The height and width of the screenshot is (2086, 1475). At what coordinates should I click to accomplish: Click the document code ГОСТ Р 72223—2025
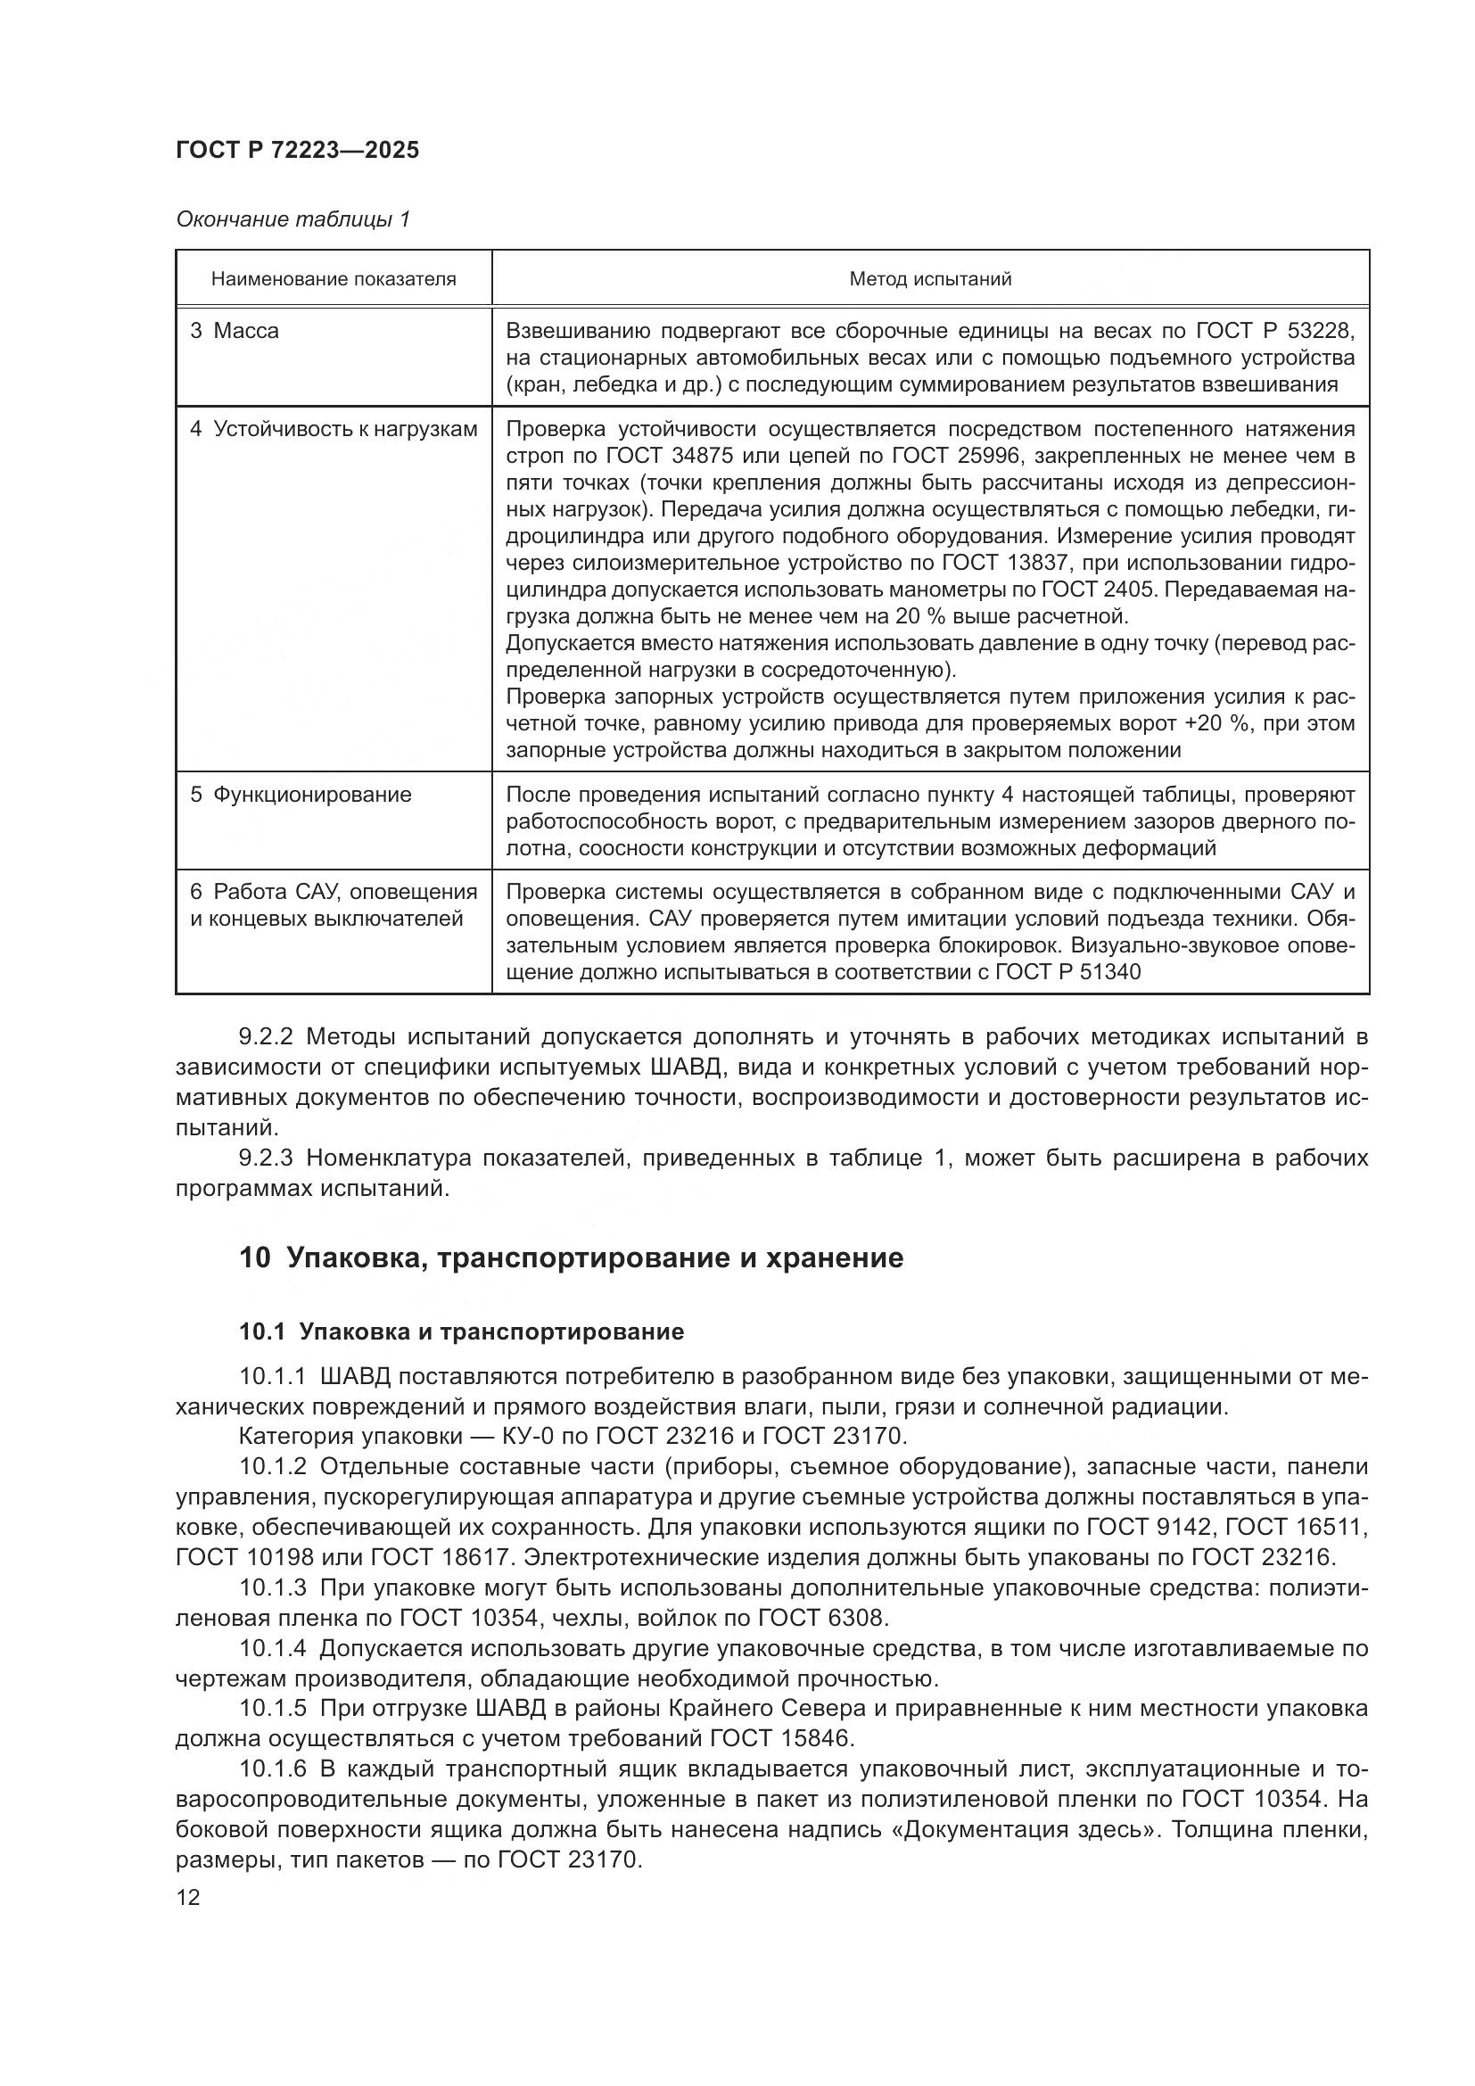coord(297,150)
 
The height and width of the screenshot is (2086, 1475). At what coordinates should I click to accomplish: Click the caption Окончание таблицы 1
coord(293,219)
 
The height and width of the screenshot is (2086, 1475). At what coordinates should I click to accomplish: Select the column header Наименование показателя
coord(334,279)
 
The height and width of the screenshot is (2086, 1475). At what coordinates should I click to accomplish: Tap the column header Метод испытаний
coord(930,279)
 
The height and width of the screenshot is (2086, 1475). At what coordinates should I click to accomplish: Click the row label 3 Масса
coord(235,331)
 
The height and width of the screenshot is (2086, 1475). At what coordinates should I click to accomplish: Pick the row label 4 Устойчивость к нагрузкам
coord(334,429)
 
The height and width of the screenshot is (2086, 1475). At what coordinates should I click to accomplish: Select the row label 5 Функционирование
coord(301,795)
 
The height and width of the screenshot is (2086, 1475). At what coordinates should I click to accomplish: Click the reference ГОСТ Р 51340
coord(1067,972)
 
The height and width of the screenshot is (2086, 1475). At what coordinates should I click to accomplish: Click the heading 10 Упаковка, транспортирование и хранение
coord(572,1258)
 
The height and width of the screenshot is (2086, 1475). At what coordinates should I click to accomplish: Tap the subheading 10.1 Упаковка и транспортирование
coord(461,1332)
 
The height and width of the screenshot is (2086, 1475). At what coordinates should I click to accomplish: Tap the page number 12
coord(188,1897)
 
